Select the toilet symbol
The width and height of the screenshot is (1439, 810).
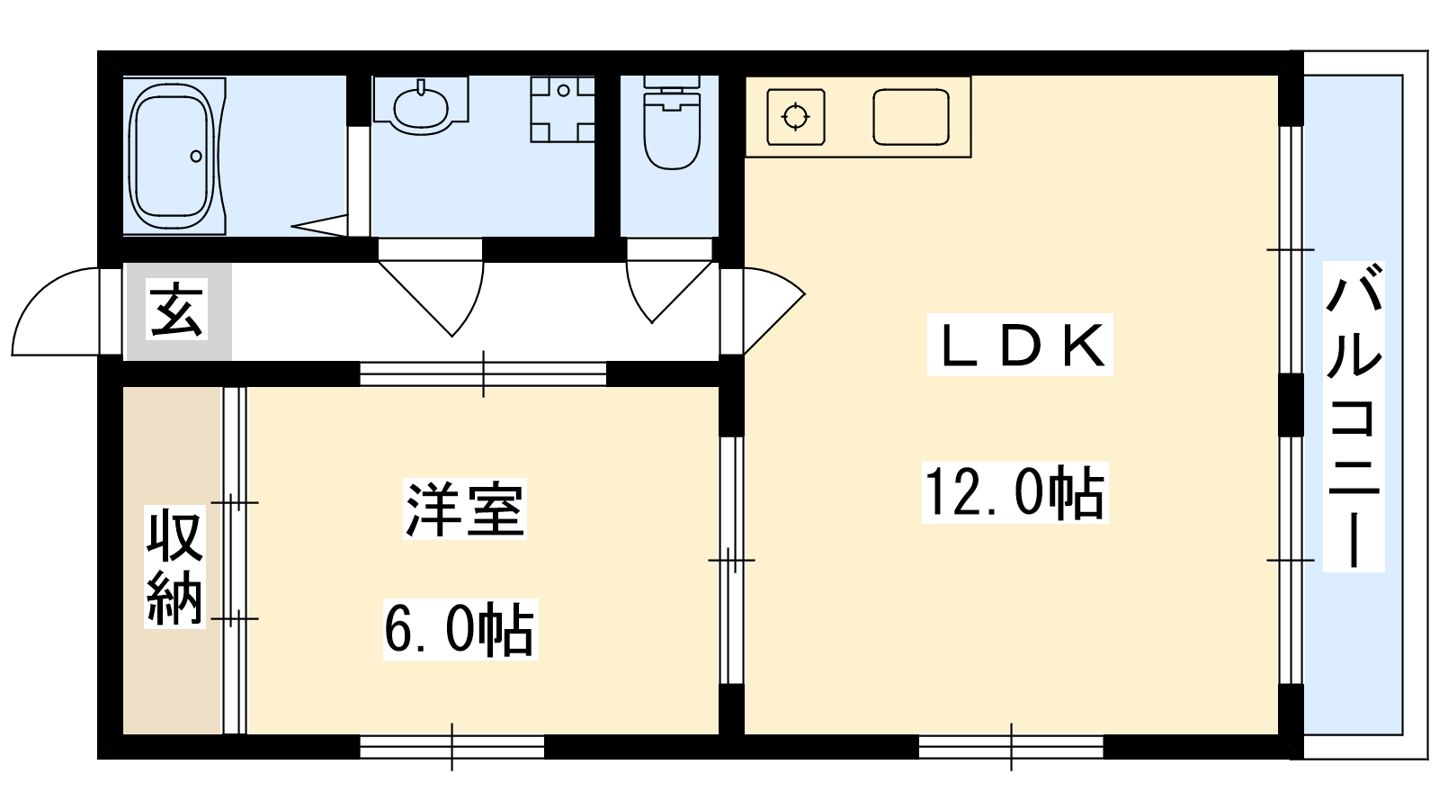[x=671, y=122]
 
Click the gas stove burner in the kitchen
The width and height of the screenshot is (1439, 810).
[x=796, y=117]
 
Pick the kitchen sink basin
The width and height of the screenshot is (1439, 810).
[x=911, y=117]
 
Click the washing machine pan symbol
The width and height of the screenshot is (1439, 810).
[x=562, y=109]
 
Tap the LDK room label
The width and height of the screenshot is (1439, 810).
[x=1020, y=346]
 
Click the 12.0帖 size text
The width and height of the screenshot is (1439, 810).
[x=1015, y=492]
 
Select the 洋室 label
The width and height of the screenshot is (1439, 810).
[x=465, y=508]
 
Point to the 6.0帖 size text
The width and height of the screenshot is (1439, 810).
[x=460, y=629]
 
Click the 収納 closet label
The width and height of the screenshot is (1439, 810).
[x=174, y=566]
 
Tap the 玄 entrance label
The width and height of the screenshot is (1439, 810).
[x=176, y=310]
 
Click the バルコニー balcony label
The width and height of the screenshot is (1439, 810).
[x=1354, y=417]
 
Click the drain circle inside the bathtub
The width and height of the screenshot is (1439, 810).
[x=196, y=157]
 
